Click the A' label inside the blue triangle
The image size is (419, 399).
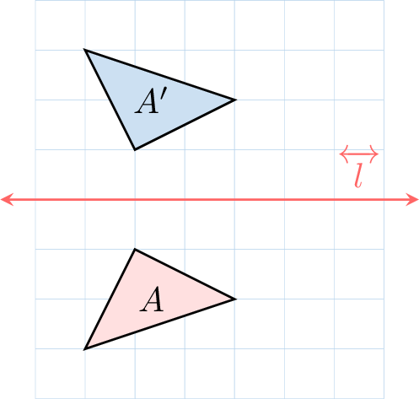pyautogui.click(x=151, y=100)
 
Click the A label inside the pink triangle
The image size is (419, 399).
pyautogui.click(x=152, y=299)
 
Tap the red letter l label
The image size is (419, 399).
pyautogui.click(x=359, y=175)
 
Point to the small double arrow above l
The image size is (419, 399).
pyautogui.click(x=359, y=154)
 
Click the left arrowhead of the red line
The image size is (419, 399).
pyautogui.click(x=6, y=200)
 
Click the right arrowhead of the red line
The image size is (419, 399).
pyautogui.click(x=412, y=200)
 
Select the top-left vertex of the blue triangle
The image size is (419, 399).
pyautogui.click(x=85, y=50)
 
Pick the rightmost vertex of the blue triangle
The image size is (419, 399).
pyautogui.click(x=235, y=100)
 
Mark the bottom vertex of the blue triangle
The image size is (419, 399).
pyautogui.click(x=135, y=149)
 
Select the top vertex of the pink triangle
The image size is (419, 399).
pyautogui.click(x=135, y=250)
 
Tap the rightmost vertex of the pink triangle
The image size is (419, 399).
pyautogui.click(x=235, y=299)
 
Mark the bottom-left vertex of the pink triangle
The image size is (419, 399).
pyautogui.click(x=85, y=349)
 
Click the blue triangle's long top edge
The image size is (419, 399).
pyautogui.click(x=160, y=75)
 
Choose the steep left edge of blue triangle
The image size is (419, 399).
pyautogui.click(x=110, y=100)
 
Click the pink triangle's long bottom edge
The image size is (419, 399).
pyautogui.click(x=160, y=324)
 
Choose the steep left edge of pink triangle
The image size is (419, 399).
pyautogui.click(x=110, y=299)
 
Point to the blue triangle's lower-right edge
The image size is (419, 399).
pyautogui.click(x=185, y=125)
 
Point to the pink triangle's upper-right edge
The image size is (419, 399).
pyautogui.click(x=185, y=274)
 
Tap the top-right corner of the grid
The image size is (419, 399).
pyautogui.click(x=384, y=0)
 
